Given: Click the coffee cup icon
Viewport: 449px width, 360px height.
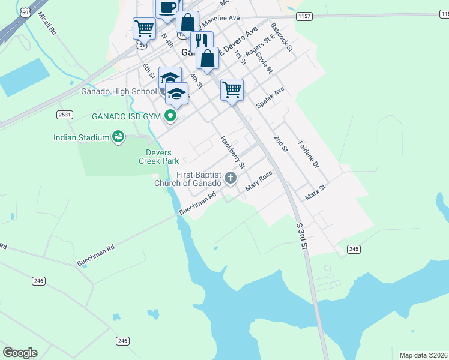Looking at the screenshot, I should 168,8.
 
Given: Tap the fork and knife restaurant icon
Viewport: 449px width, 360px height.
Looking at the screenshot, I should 202,41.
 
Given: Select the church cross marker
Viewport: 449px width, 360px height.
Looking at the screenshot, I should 231,178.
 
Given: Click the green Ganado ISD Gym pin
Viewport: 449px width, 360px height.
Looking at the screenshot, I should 171,116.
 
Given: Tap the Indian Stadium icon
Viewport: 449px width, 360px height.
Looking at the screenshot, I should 119,137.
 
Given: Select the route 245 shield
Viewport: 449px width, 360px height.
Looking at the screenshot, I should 354,249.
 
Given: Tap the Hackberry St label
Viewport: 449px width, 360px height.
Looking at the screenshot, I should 232,152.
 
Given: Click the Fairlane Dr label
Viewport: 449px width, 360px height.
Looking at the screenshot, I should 309,154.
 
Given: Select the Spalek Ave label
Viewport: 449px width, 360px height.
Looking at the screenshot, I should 270,97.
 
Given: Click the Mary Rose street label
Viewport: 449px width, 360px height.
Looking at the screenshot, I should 259,181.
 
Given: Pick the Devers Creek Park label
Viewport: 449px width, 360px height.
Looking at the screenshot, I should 159,157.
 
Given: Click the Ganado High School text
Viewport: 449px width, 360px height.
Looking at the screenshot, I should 118,92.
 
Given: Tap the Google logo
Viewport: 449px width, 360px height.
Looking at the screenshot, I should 20,352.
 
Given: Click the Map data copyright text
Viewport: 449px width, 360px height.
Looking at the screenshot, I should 423,355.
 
